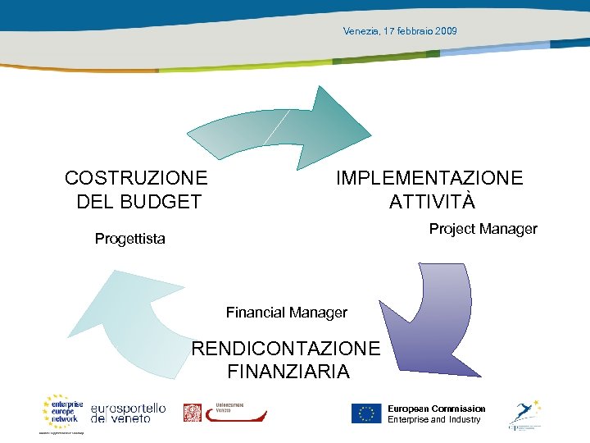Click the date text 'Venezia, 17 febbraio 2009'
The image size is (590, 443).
tap(400, 31)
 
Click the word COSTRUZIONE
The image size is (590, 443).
tap(136, 178)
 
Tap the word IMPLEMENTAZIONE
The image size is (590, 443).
tap(429, 178)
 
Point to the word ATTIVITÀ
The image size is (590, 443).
tap(432, 202)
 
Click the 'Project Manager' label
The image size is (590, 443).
tap(483, 229)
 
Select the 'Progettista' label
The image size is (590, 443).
tap(129, 240)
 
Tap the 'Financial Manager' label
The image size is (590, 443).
tap(286, 313)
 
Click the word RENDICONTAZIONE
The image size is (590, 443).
tap(286, 349)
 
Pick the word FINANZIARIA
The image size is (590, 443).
tap(288, 372)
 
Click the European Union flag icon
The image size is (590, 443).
tap(366, 413)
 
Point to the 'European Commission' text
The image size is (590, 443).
tap(436, 409)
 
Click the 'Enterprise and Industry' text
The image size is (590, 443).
tap(433, 420)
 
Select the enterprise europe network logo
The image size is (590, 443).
tap(62, 413)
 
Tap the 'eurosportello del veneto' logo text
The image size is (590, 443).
tap(128, 413)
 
